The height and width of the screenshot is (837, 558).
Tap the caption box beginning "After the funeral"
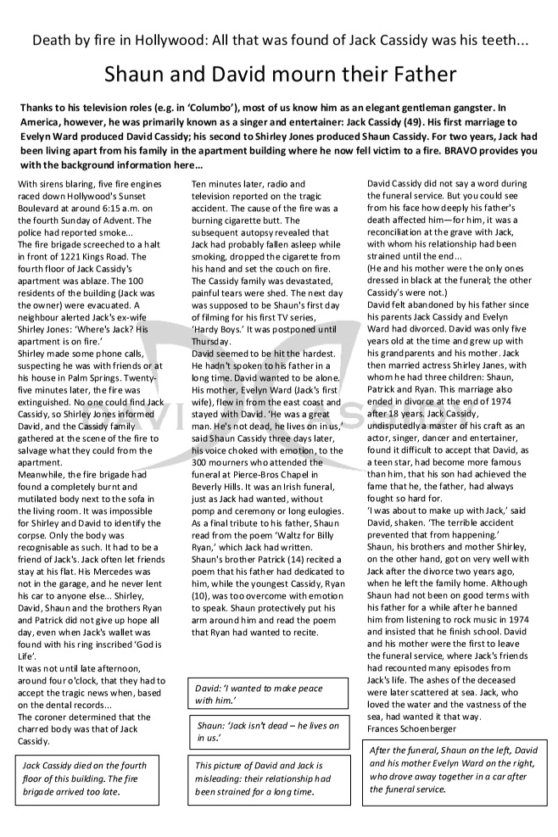click(x=455, y=770)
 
